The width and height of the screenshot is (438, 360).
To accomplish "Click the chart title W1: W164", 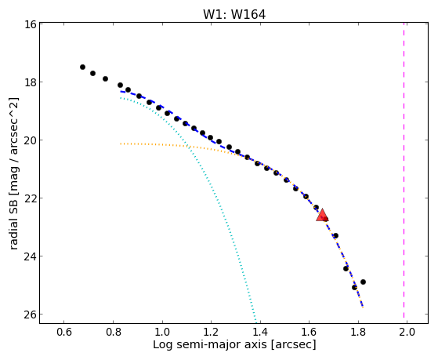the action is coord(234,14).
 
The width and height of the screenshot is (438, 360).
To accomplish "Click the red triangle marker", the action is coord(322,215).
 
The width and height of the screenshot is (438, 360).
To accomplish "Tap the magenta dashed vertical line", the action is coord(404,170).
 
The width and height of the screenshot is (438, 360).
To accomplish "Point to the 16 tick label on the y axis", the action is coord(31,24).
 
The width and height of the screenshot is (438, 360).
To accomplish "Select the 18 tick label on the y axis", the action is coord(31,82).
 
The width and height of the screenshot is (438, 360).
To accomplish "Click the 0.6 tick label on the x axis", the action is coord(64,332).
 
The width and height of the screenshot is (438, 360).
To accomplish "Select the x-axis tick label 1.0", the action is coord(162,332).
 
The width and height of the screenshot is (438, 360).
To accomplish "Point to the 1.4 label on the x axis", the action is coord(260,332).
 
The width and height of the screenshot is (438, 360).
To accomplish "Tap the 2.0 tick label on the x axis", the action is coord(407,332).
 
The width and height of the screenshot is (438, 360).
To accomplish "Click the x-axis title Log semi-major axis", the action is coord(210,345).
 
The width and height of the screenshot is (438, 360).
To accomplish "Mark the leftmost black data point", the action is coord(82,67).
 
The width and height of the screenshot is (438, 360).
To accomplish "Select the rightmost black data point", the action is coord(363,282).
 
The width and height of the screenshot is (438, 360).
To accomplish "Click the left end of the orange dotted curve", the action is coord(121,144).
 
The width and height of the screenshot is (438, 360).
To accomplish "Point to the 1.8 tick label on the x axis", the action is coord(358,332).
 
